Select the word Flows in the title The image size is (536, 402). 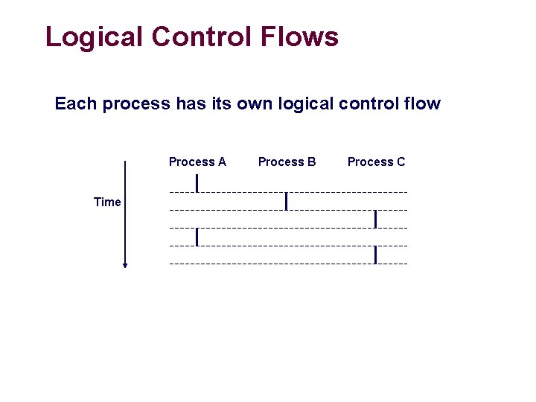pos(301,36)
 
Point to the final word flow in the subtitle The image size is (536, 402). pos(422,103)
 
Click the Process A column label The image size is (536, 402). pos(197,162)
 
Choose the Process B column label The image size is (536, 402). pos(287,162)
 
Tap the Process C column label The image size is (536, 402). pos(376,162)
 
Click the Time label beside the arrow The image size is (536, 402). pos(107,202)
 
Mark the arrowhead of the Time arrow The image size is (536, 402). pos(125,264)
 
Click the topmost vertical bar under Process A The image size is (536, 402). pos(197,183)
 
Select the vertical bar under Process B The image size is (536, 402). pos(287,201)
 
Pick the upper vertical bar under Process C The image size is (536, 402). pos(376,219)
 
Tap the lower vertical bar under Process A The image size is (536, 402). pos(197,237)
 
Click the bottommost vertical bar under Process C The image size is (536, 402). pos(376,255)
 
